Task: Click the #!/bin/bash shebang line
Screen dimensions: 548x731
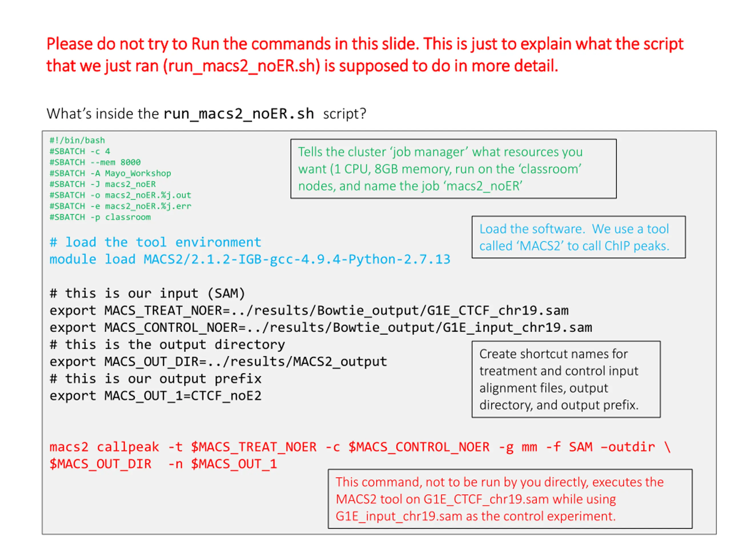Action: coord(77,140)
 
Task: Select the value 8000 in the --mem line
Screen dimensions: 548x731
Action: coord(130,162)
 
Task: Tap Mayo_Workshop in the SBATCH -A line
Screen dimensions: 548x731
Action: coord(138,174)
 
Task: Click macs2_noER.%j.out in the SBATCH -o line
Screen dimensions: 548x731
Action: coord(148,195)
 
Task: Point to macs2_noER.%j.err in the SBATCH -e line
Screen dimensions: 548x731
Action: coord(148,206)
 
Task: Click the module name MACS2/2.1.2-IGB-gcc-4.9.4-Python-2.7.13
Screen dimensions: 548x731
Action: coord(296,259)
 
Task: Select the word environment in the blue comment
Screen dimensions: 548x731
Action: coord(218,242)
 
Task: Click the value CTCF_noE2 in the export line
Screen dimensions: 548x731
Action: coord(226,396)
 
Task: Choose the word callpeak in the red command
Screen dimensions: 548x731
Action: coord(128,447)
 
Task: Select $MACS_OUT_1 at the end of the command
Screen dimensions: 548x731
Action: coord(234,464)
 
